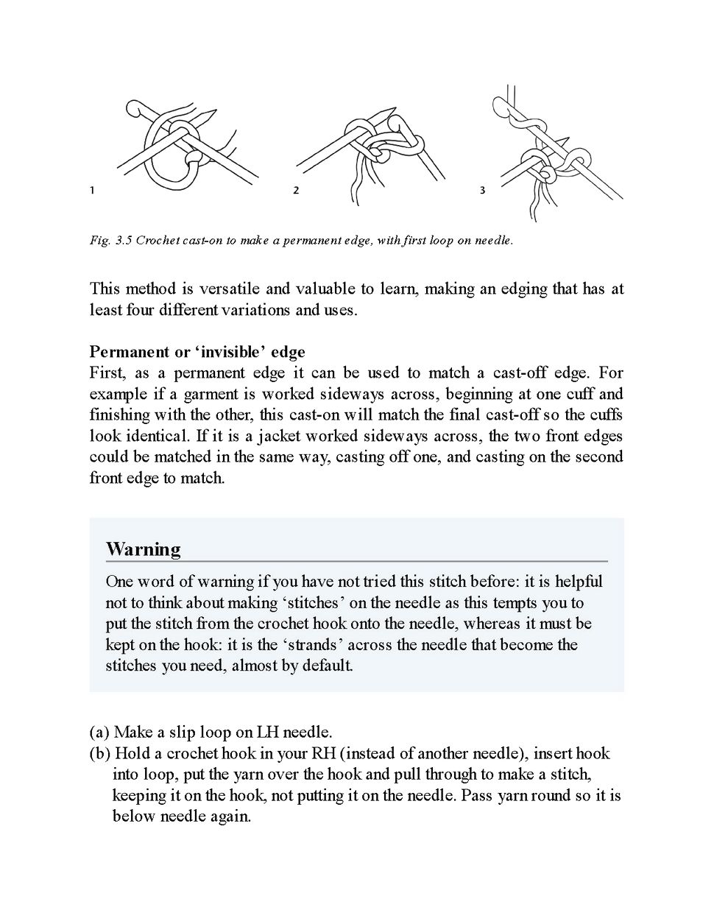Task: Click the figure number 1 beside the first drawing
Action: (92, 191)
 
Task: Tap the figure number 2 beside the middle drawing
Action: (296, 191)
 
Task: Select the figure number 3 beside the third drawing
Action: (482, 191)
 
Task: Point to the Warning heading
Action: (143, 549)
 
